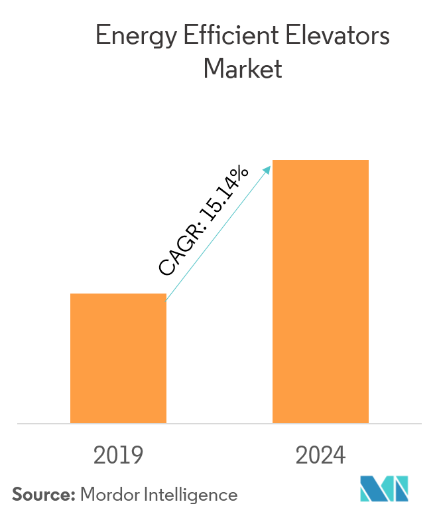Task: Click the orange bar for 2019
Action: tap(118, 358)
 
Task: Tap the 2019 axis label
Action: tap(119, 455)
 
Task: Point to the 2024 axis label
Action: tap(320, 455)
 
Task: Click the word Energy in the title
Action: tap(129, 37)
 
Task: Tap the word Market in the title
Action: tap(243, 68)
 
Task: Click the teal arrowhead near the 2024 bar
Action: tap(267, 169)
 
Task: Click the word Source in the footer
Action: tap(42, 495)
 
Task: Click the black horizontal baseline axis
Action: tap(219, 423)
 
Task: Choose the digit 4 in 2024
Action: tap(339, 455)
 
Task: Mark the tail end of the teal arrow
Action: tap(168, 300)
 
